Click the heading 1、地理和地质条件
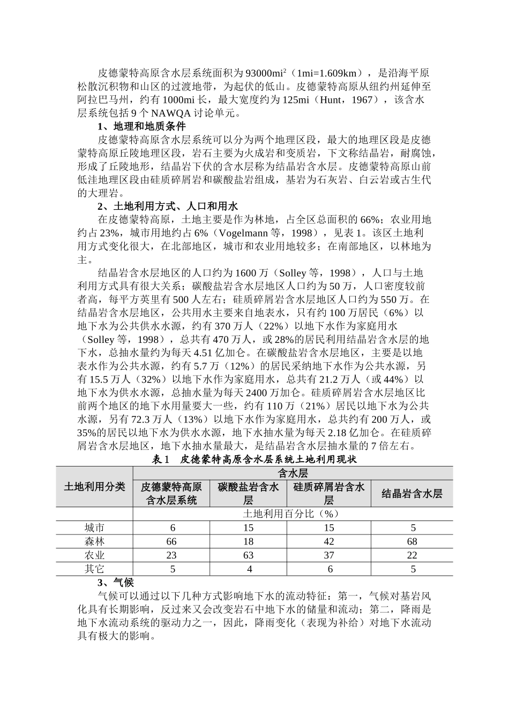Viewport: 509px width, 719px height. point(141,127)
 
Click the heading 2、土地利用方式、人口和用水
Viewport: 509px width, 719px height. point(168,206)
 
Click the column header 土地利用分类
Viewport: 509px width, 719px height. point(94,486)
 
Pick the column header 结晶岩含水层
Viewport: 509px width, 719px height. point(411,493)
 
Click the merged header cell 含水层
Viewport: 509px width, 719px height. point(293,472)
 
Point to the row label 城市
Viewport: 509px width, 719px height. point(94,528)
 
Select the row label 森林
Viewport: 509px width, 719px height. point(94,541)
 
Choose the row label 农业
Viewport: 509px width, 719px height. point(94,555)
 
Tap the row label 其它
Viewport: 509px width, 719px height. point(94,569)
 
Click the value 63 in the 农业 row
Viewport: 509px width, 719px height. point(248,555)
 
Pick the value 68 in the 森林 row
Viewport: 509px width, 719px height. point(411,541)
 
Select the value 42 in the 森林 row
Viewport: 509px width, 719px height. point(329,541)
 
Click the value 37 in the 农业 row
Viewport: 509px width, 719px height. point(329,555)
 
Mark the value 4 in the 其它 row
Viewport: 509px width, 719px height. point(248,569)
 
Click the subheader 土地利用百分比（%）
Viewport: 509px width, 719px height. point(293,514)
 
